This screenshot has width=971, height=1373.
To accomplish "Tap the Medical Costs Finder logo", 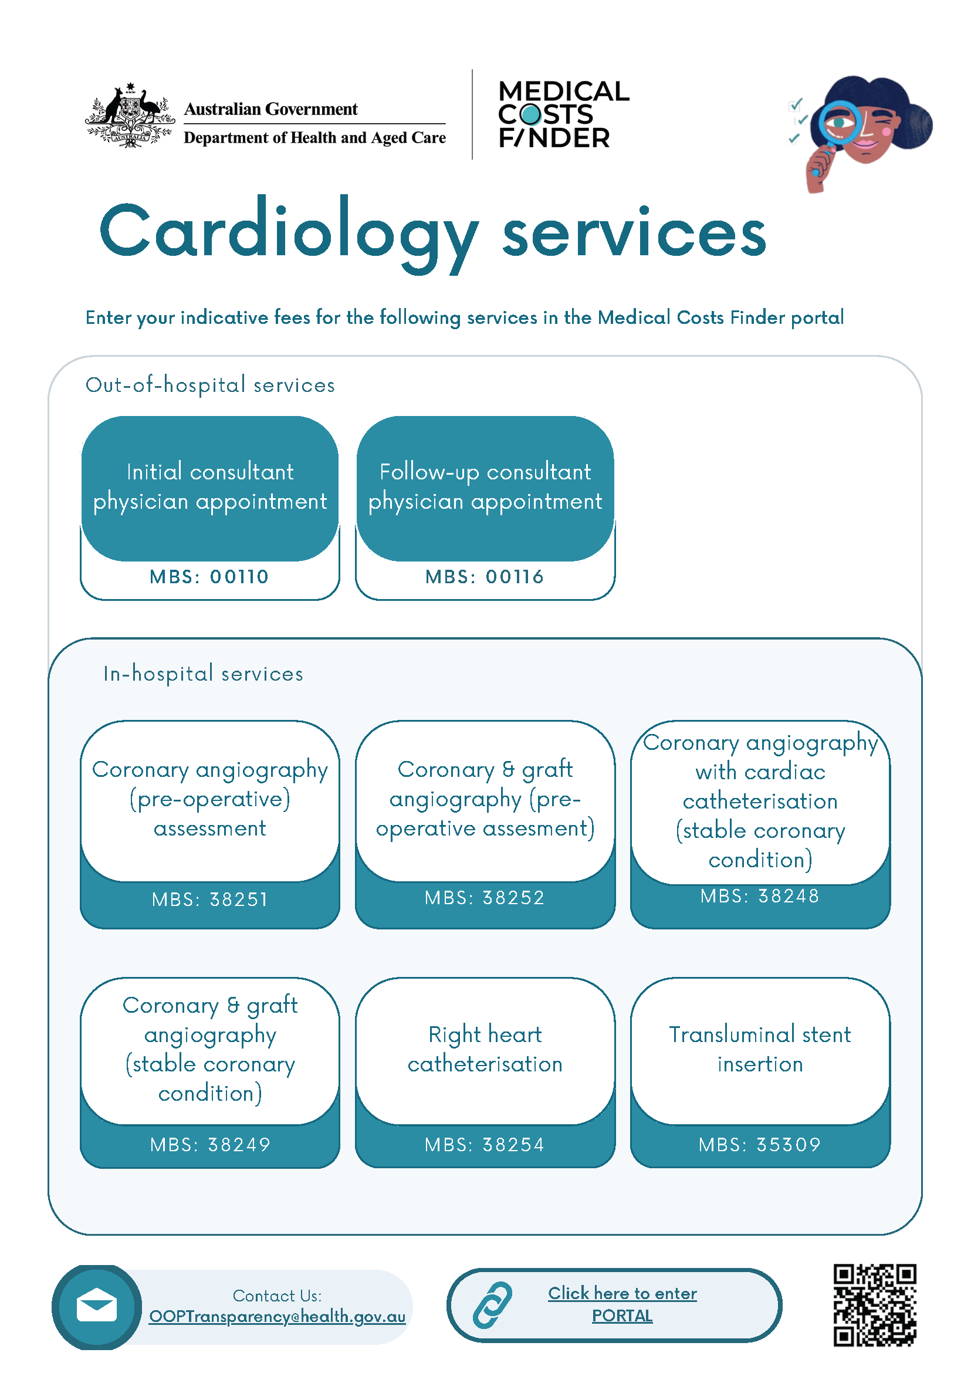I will tap(563, 114).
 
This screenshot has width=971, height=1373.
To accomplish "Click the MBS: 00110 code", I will tap(210, 577).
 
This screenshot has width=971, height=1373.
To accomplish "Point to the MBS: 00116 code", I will tap(485, 577).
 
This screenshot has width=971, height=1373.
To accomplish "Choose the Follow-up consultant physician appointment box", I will tap(485, 487).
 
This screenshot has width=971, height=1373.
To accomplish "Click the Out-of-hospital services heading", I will tap(210, 385).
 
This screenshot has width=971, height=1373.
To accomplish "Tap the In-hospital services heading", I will tap(203, 674).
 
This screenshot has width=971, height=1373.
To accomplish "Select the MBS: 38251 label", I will tap(210, 900).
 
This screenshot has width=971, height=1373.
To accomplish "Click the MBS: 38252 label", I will tap(485, 898).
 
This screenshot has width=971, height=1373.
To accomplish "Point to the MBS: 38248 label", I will tap(760, 897).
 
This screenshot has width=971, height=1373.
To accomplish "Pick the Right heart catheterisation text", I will tap(485, 1050).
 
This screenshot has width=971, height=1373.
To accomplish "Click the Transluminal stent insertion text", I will tap(760, 1050).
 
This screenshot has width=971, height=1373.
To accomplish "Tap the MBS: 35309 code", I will tap(760, 1145).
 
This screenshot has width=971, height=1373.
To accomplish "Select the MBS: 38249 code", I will tap(210, 1145).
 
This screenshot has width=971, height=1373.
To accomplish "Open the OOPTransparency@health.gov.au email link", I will tap(278, 1317).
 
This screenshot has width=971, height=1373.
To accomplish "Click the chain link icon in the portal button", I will tap(493, 1306).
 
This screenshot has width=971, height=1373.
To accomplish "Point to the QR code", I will tap(875, 1306).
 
